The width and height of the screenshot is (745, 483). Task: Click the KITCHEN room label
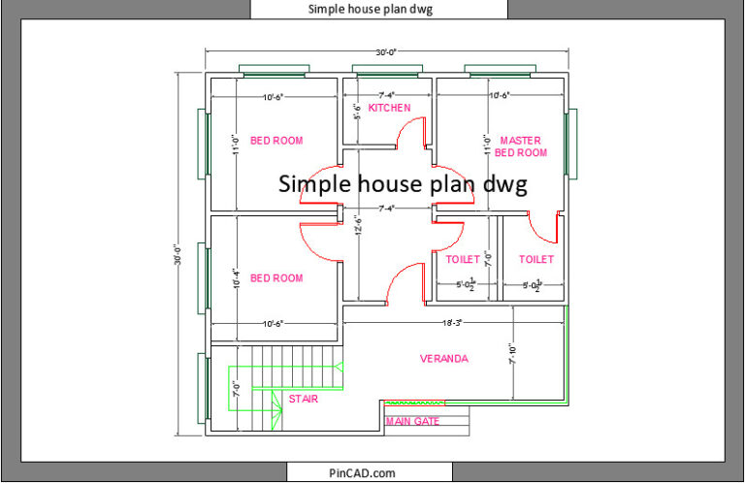coord(389,108)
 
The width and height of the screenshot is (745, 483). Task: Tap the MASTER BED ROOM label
coord(520,146)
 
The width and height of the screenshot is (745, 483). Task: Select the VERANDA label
coord(443,359)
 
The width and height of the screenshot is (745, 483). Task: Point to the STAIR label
coord(303,398)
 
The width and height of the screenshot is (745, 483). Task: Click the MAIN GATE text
coord(412,421)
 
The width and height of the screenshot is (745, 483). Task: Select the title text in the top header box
coord(371,9)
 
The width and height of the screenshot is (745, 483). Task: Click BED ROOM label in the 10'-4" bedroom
coord(276,278)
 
